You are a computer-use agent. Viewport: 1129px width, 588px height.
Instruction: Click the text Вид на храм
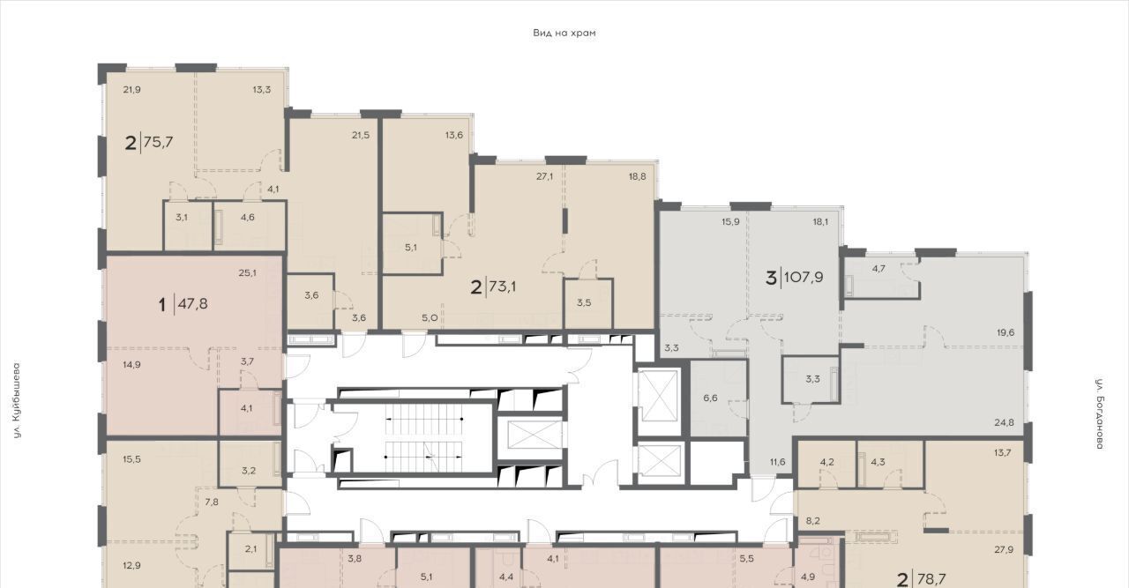(x=564, y=33)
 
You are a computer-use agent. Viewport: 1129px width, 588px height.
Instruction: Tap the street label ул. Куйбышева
(x=17, y=400)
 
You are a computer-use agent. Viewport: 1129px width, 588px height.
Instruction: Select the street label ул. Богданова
(x=1100, y=413)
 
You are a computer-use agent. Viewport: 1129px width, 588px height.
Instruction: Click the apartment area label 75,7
(x=158, y=142)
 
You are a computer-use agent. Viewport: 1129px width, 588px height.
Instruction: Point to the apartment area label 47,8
(x=192, y=304)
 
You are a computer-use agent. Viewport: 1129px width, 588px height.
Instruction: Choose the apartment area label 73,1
(x=502, y=287)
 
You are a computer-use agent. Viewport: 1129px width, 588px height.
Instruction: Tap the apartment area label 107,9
(x=804, y=277)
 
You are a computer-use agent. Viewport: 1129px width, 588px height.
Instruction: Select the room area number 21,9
(x=132, y=90)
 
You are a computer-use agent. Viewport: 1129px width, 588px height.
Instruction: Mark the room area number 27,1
(x=544, y=176)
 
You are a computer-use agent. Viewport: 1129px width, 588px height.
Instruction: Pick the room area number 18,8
(x=637, y=176)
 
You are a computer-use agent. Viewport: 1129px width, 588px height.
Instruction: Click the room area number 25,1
(x=248, y=273)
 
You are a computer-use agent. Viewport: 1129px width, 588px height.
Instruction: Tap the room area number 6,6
(x=710, y=398)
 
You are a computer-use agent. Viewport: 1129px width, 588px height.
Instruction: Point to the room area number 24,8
(x=1004, y=423)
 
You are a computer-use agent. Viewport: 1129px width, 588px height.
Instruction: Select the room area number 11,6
(x=778, y=462)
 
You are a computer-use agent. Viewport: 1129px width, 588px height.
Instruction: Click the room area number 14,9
(x=132, y=365)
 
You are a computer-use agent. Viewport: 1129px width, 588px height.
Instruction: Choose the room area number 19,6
(x=1006, y=332)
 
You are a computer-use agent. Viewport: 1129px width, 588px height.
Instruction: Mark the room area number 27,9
(x=1004, y=550)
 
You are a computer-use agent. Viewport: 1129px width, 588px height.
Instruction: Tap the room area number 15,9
(x=730, y=221)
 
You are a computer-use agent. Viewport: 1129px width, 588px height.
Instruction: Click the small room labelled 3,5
(x=584, y=303)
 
